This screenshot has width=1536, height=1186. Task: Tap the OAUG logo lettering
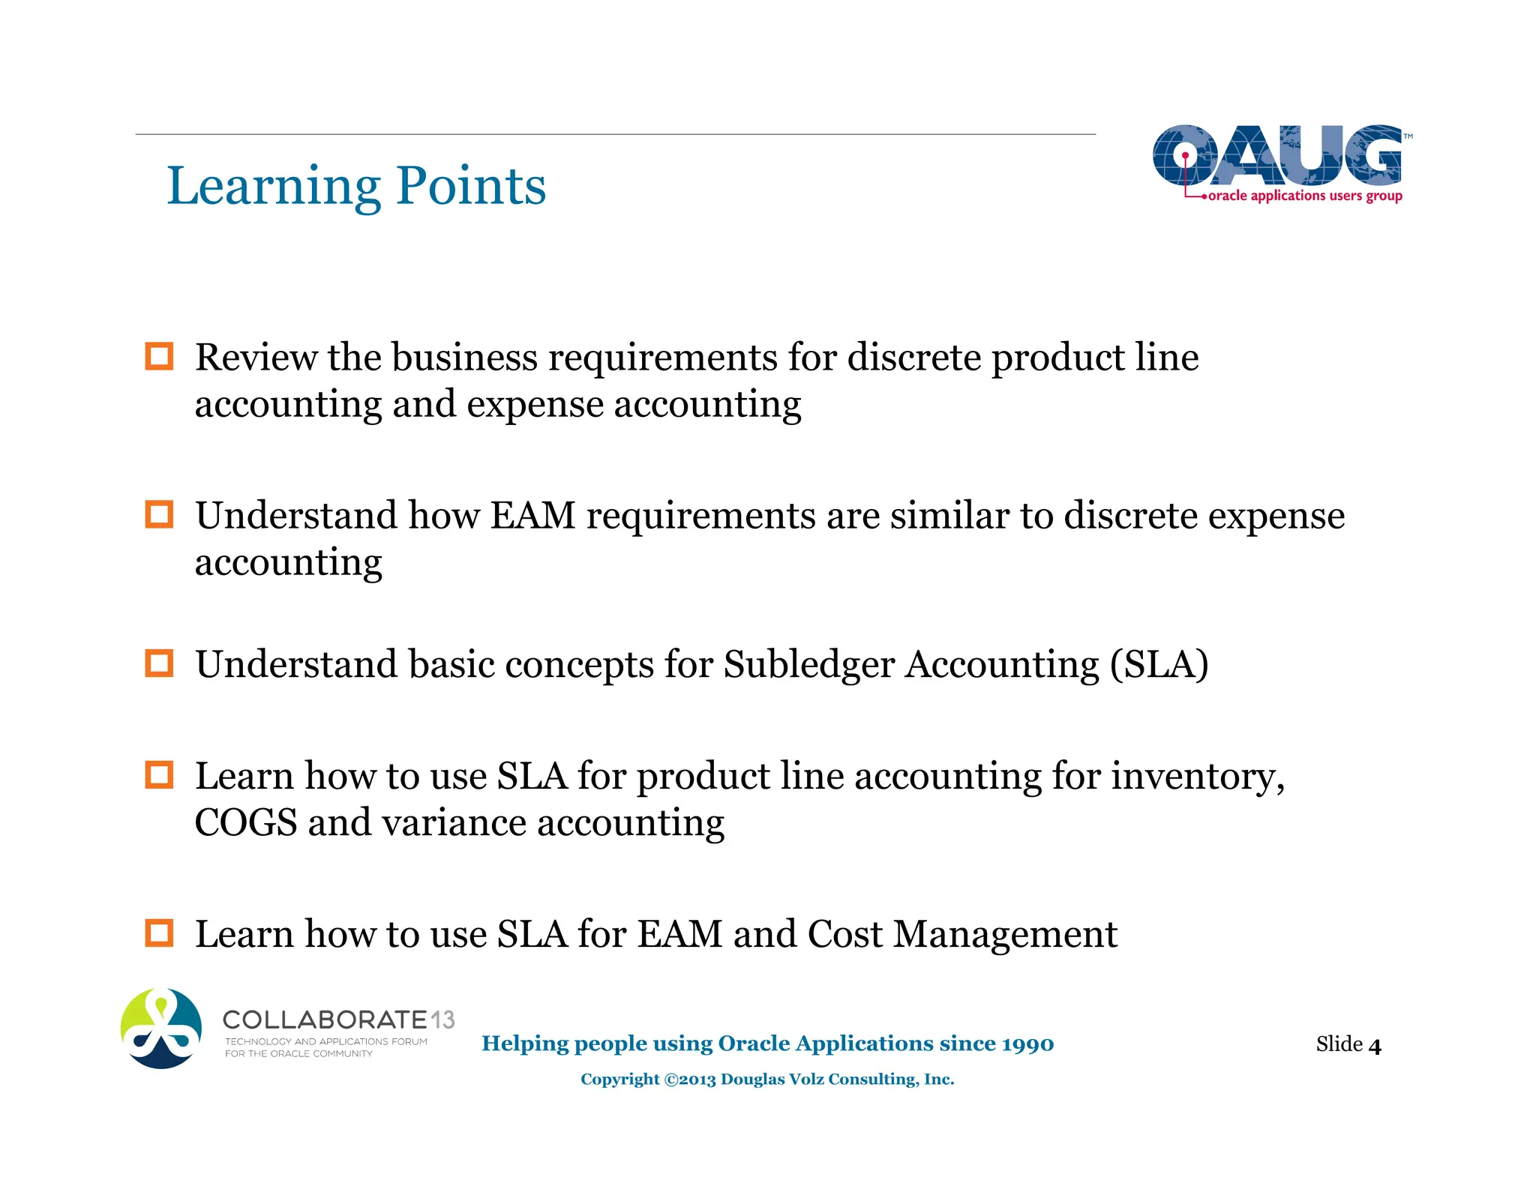[1276, 155]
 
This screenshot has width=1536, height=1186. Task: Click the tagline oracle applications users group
[1305, 196]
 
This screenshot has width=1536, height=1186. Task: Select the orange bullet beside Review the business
[159, 356]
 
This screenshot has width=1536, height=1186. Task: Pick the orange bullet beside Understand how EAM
[159, 514]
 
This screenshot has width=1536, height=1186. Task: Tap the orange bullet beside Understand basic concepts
[159, 663]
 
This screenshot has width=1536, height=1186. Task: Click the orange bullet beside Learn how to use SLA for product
[159, 774]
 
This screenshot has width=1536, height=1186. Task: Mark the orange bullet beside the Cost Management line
[159, 933]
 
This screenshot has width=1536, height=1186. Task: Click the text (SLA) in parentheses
[1159, 664]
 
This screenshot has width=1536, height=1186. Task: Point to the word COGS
[246, 822]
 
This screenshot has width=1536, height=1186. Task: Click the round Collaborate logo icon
[161, 1028]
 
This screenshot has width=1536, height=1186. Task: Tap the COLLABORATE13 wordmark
[338, 1020]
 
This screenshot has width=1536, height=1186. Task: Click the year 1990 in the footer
[1027, 1044]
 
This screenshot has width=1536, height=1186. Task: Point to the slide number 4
[1374, 1046]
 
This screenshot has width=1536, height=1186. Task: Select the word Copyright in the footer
[619, 1080]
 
